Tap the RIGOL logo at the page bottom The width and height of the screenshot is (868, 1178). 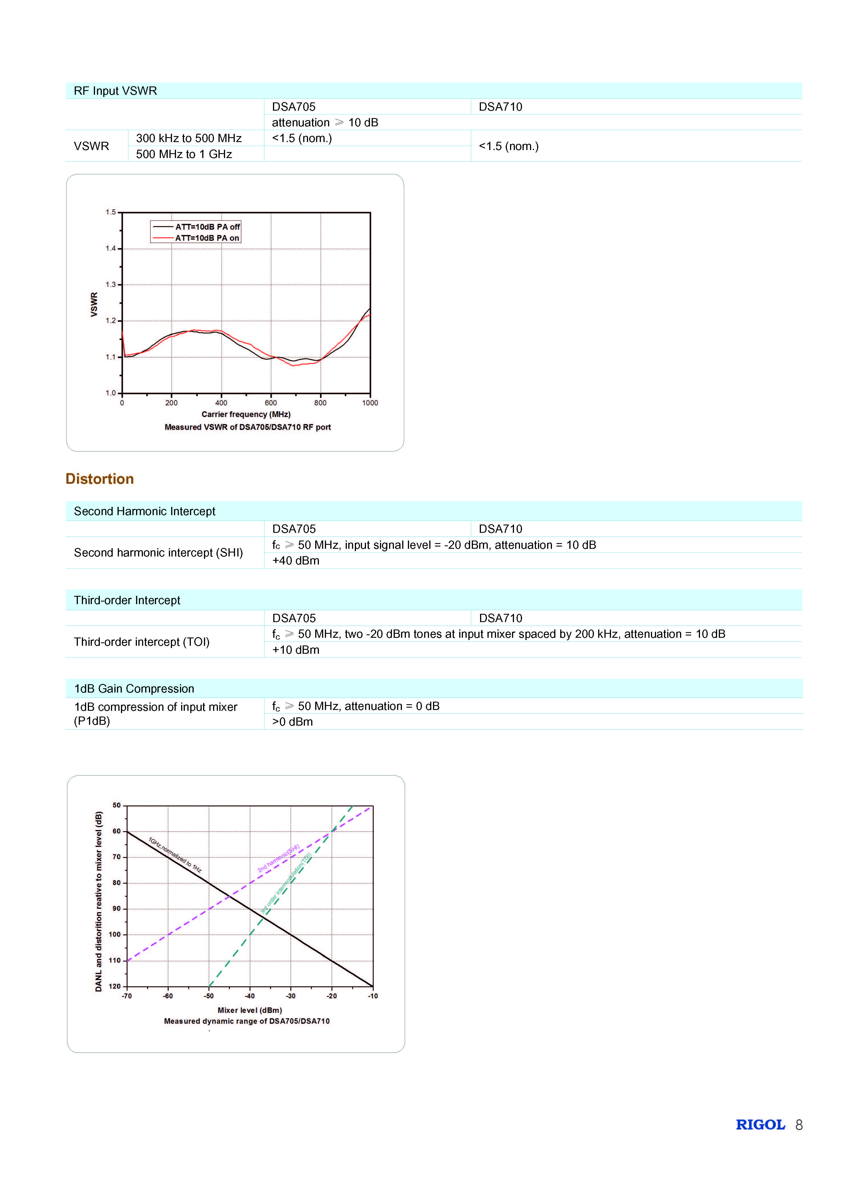(760, 1124)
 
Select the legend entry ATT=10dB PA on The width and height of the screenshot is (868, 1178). (207, 238)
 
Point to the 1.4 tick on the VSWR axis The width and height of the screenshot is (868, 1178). (110, 248)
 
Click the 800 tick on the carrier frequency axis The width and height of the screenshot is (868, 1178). (320, 403)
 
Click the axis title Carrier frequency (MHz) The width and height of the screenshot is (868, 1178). (246, 414)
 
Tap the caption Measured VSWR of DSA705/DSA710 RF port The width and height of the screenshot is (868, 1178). (248, 427)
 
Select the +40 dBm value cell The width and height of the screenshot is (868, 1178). (296, 561)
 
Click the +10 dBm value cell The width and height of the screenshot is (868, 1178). (296, 650)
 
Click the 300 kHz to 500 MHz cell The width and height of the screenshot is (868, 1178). (189, 138)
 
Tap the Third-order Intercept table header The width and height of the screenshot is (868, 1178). (127, 600)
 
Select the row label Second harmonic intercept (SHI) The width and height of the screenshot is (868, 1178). (158, 553)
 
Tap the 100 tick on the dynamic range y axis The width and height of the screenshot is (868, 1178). (115, 935)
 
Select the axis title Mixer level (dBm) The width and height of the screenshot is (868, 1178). (250, 1010)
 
